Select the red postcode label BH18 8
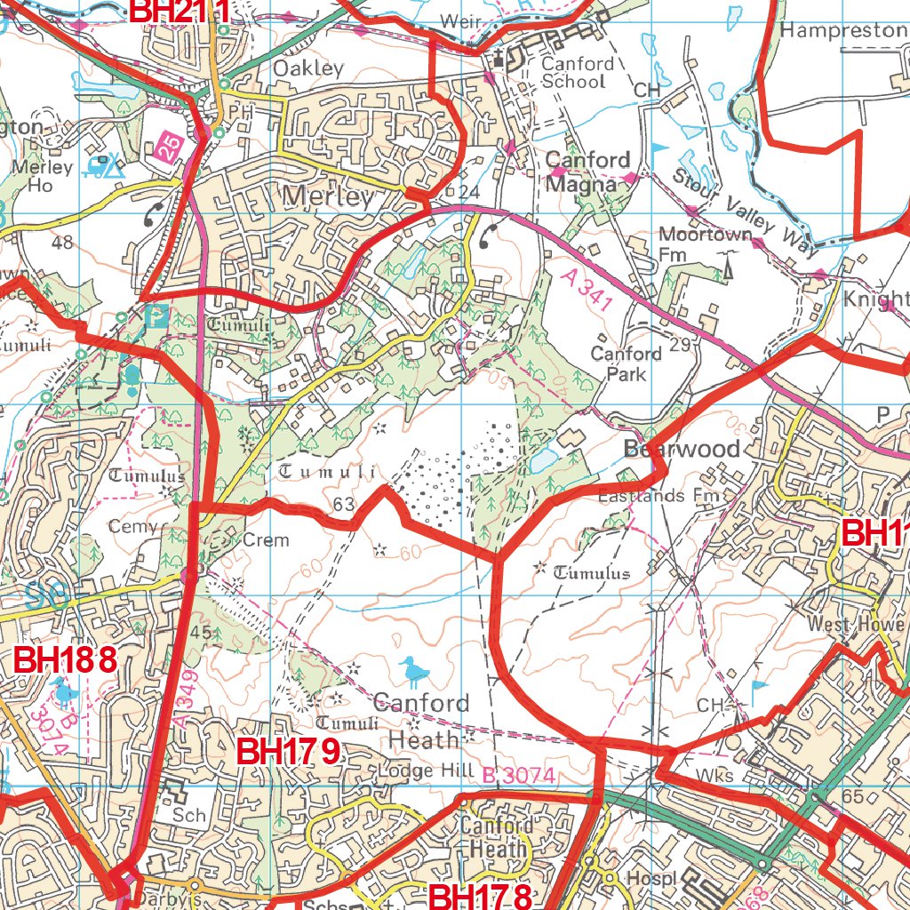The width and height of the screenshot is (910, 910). pyautogui.click(x=67, y=659)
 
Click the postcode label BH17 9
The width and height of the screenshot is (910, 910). pyautogui.click(x=289, y=752)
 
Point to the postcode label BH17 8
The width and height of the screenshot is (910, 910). pyautogui.click(x=481, y=896)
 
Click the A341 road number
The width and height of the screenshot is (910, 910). pyautogui.click(x=587, y=290)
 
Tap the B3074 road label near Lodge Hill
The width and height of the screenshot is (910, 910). pyautogui.click(x=519, y=776)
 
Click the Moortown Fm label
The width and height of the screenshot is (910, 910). pyautogui.click(x=699, y=244)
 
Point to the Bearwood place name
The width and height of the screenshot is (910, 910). pyautogui.click(x=682, y=449)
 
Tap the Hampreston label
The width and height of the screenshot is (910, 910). pyautogui.click(x=842, y=30)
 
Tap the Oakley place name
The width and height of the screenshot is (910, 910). pyautogui.click(x=307, y=68)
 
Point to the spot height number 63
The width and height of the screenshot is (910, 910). pyautogui.click(x=345, y=506)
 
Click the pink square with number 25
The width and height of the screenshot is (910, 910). pyautogui.click(x=167, y=147)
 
